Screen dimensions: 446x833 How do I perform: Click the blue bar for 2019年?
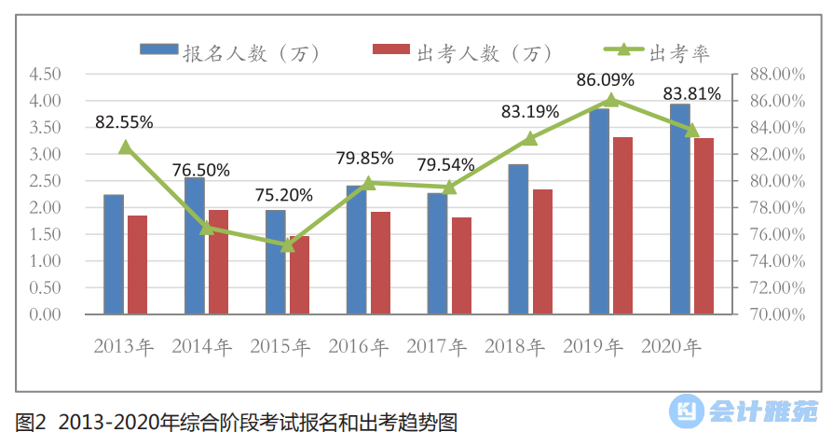pyautogui.click(x=599, y=211)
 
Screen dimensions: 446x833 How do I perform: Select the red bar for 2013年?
pyautogui.click(x=137, y=265)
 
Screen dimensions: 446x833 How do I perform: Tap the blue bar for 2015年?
pyautogui.click(x=275, y=262)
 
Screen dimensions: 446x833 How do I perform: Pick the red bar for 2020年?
pyautogui.click(x=703, y=226)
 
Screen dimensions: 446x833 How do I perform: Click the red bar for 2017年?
pyautogui.click(x=461, y=266)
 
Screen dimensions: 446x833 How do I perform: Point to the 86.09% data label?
pyautogui.click(x=605, y=80)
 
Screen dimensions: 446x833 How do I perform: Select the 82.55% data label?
pyautogui.click(x=124, y=121)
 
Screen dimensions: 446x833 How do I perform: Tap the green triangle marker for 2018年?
pyautogui.click(x=530, y=138)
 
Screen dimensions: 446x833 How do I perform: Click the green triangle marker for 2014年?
pyautogui.click(x=206, y=227)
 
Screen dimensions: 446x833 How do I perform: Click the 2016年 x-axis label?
pyautogui.click(x=358, y=346)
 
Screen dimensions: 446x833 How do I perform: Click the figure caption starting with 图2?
pyautogui.click(x=237, y=422)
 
